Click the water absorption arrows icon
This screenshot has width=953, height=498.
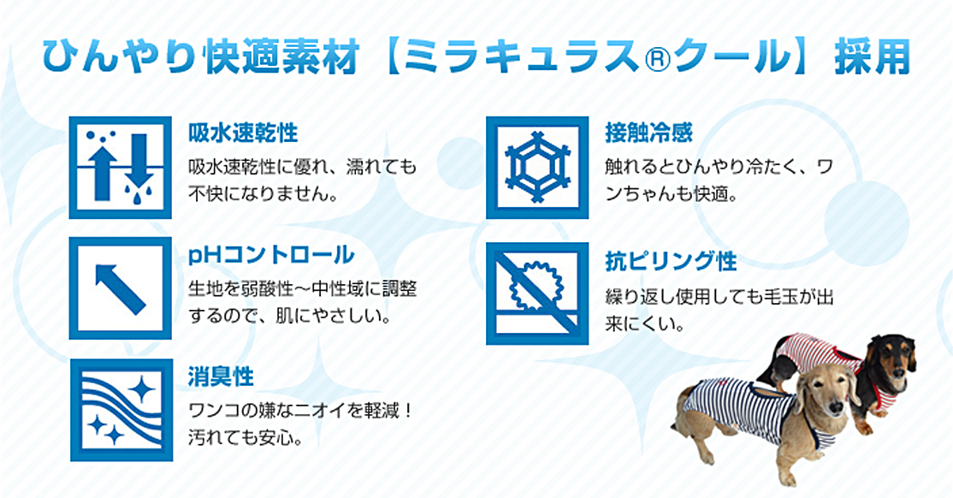point(121,167)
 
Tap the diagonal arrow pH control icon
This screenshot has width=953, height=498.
point(121,288)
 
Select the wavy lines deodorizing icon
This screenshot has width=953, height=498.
point(121,409)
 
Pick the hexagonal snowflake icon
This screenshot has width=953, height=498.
point(537,167)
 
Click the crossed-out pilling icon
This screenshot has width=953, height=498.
point(537,293)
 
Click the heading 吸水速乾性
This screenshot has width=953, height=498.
point(242,133)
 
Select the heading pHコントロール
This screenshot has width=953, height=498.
point(271,255)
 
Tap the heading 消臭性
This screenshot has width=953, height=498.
point(221,377)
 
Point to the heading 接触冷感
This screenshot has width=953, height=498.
point(648,133)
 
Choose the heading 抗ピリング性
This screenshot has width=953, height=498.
point(671,261)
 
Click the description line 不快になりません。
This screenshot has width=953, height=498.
point(263,194)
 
